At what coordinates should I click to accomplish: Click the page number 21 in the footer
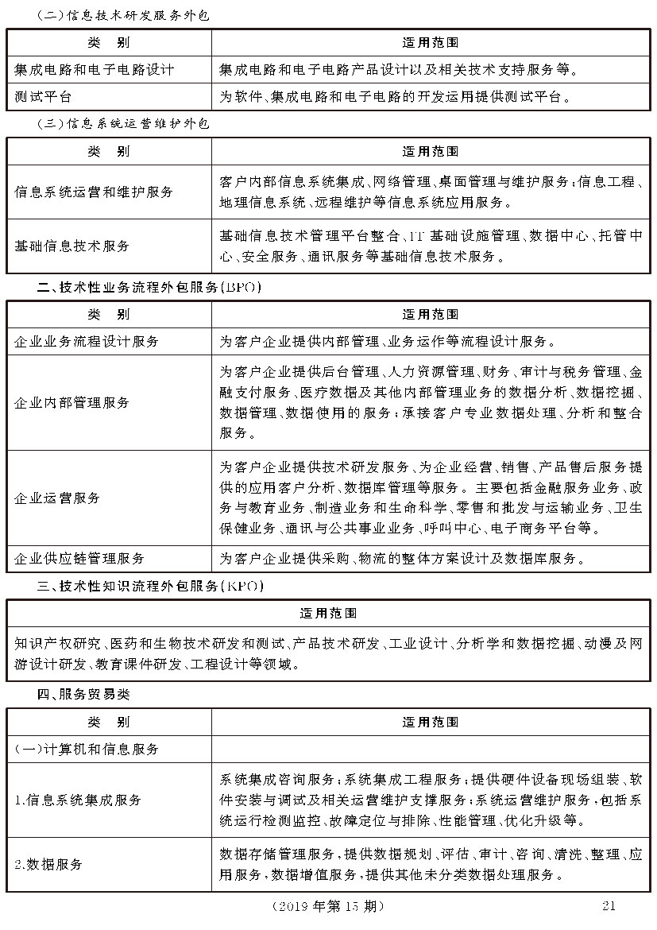(609, 905)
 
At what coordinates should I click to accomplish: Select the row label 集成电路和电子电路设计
(94, 69)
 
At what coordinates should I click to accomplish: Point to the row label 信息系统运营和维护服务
(94, 192)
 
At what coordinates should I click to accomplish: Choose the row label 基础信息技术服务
(72, 246)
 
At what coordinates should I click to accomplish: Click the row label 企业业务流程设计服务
(87, 341)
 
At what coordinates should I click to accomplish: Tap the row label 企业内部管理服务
(72, 402)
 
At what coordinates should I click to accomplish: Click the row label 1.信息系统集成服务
(78, 800)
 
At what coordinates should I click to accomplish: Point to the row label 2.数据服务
(48, 864)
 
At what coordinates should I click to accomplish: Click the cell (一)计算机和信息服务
(87, 749)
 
